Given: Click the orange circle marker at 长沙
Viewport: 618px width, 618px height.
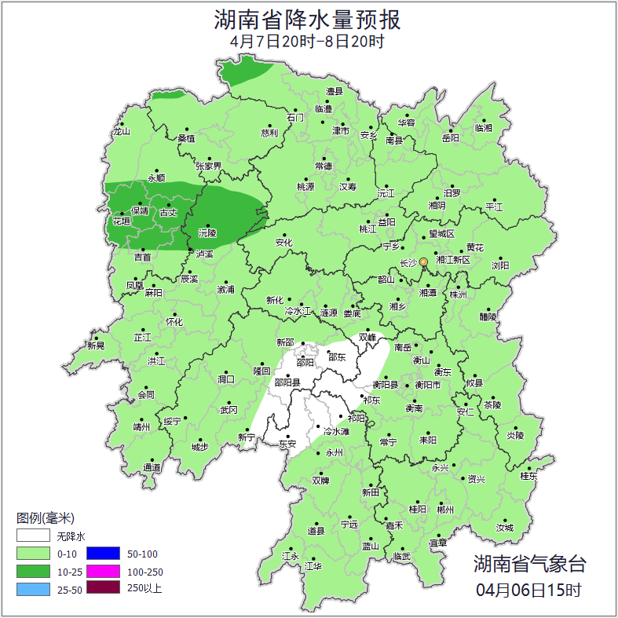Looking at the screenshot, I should click(423, 261).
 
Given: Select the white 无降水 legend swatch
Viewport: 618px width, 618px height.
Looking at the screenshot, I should click(35, 536).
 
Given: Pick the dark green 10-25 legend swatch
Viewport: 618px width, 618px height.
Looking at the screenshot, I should click(35, 572).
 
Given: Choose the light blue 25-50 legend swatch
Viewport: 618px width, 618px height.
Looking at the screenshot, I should click(35, 589).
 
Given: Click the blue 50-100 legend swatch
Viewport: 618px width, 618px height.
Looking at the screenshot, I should click(103, 554).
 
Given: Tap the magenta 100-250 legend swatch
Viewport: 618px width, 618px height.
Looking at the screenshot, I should click(103, 572).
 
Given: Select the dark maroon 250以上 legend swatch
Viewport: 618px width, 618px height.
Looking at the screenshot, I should click(103, 588).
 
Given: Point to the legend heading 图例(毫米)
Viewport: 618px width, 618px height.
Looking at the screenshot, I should click(45, 518).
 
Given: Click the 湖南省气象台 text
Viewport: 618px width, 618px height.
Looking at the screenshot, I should click(528, 563).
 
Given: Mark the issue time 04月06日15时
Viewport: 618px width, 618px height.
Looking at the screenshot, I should click(528, 589).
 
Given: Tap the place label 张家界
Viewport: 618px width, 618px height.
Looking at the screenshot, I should click(209, 166).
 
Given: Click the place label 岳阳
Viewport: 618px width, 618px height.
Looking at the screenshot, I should click(450, 138).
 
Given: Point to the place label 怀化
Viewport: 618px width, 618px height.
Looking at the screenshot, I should click(174, 322).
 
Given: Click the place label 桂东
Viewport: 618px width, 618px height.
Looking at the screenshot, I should click(529, 475).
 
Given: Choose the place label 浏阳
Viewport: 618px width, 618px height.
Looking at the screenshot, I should click(500, 265).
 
